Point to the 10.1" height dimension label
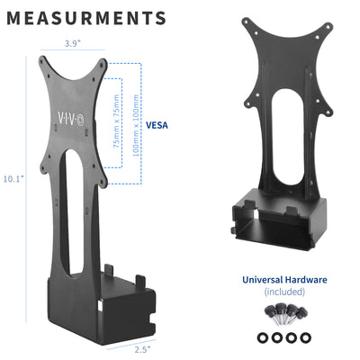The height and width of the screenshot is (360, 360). point(13,179)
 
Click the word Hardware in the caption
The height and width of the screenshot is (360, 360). point(307,280)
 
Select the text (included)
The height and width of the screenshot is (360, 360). point(284,292)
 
